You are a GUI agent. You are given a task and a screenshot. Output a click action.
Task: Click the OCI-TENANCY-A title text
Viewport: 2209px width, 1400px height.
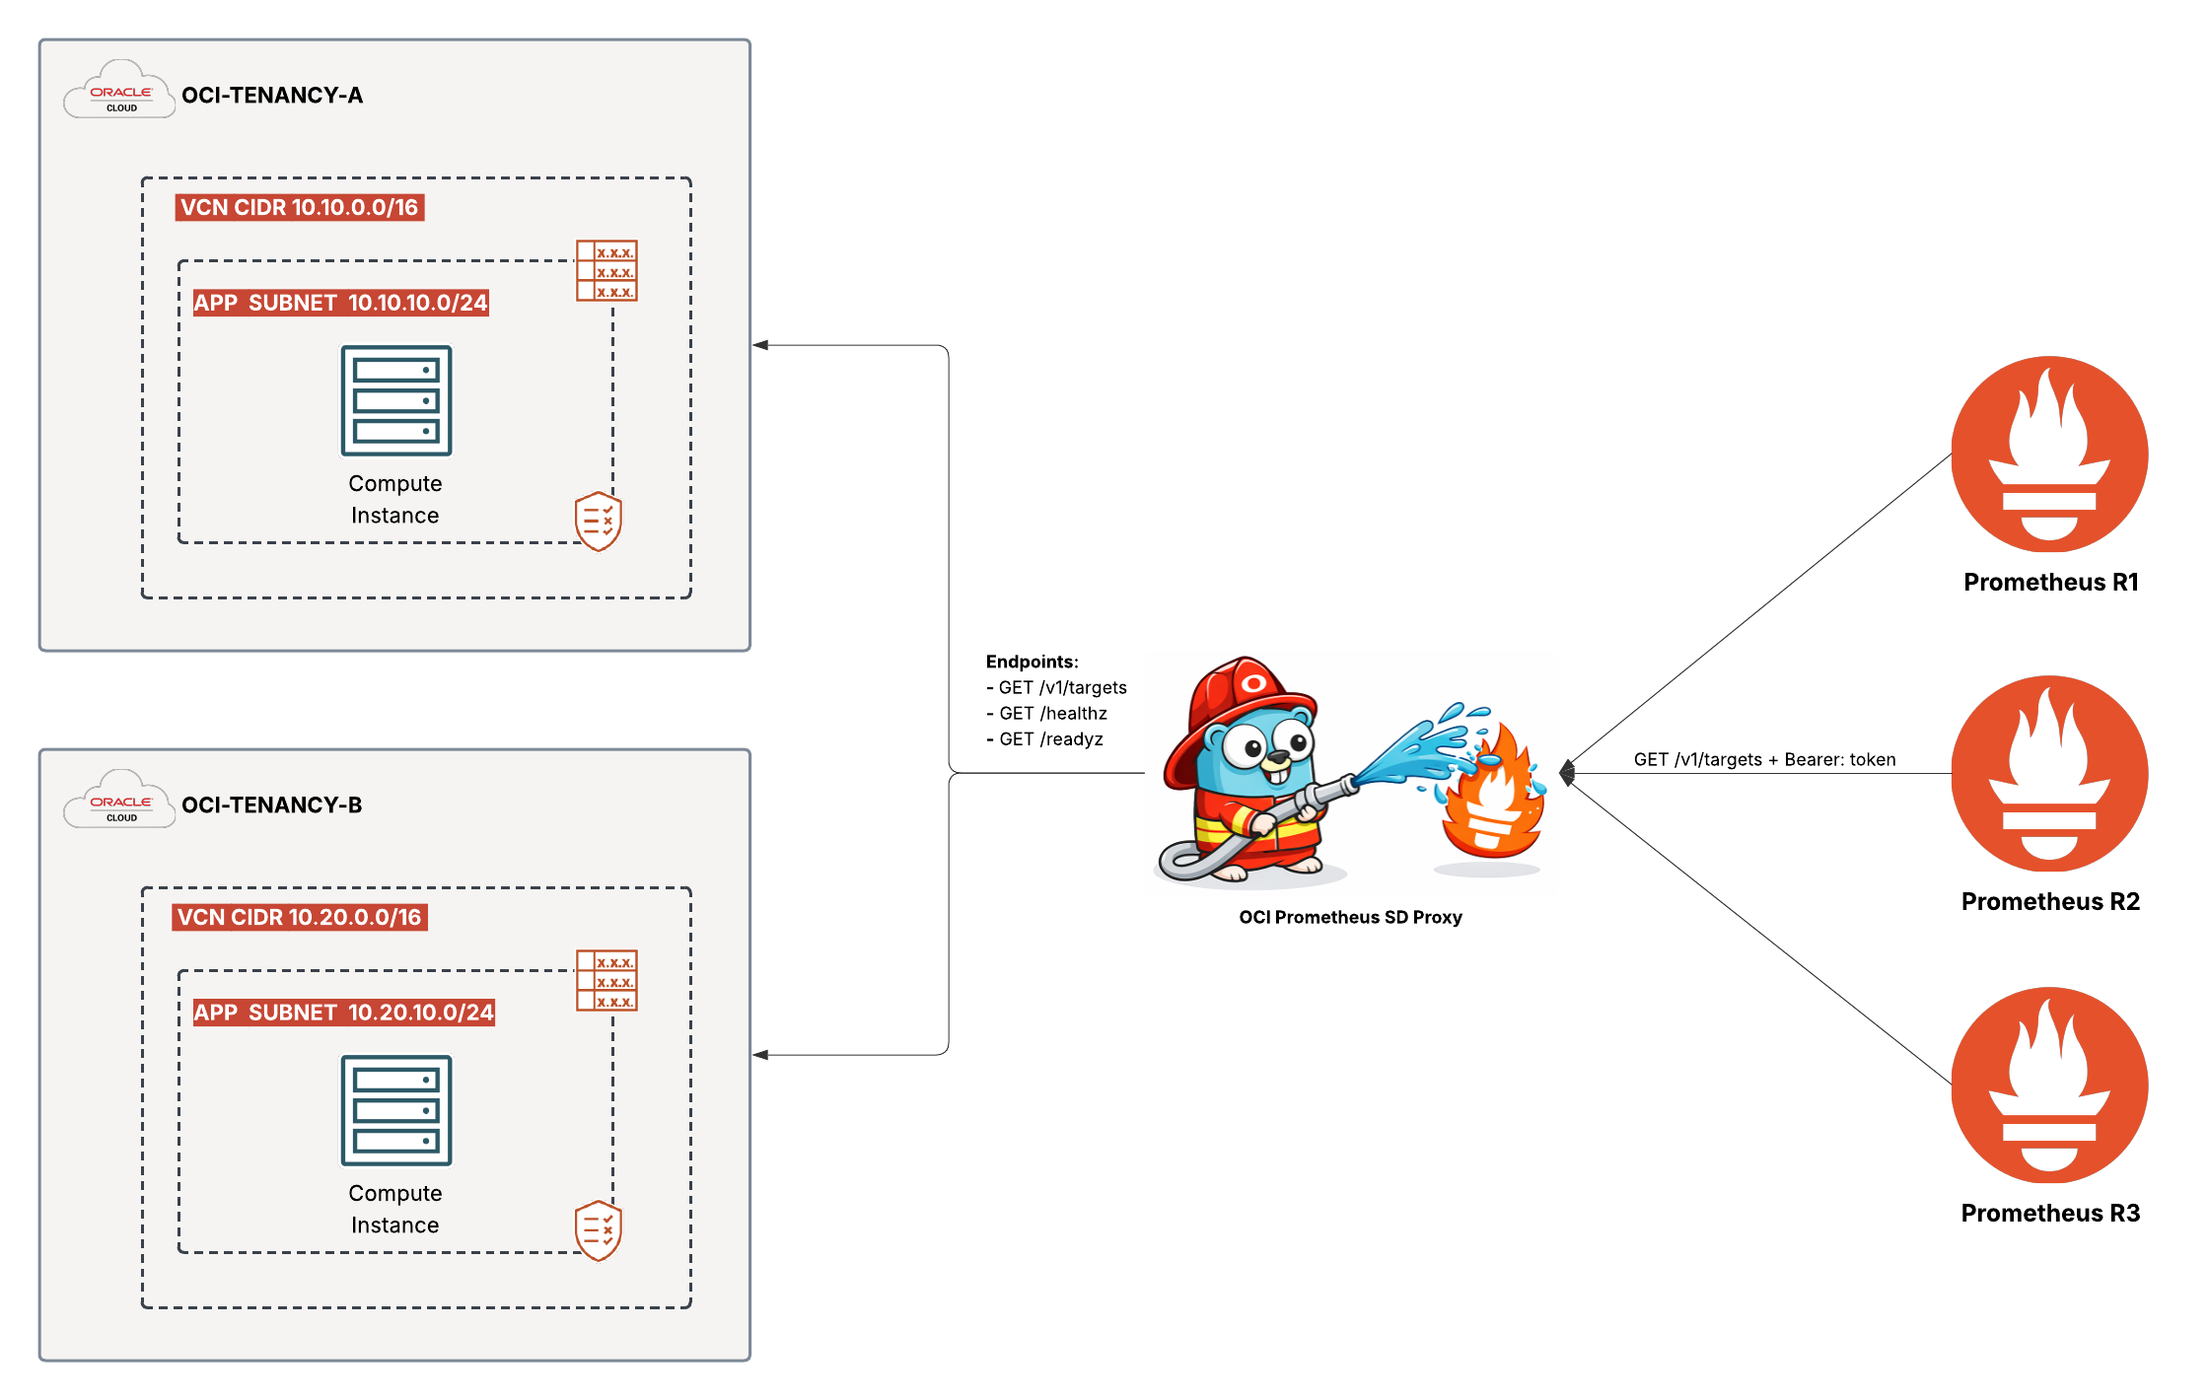(x=272, y=96)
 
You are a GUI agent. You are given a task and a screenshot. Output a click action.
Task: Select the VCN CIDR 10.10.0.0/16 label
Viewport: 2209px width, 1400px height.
(x=300, y=207)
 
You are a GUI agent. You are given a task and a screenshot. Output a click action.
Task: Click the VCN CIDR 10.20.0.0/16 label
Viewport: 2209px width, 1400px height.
(x=300, y=917)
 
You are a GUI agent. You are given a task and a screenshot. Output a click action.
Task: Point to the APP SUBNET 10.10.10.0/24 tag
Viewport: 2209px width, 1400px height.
(x=340, y=303)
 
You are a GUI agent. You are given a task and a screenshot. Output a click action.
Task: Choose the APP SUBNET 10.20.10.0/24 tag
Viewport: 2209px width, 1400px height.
(x=343, y=1013)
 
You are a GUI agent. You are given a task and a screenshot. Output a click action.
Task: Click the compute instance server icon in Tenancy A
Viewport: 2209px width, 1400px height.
(x=395, y=400)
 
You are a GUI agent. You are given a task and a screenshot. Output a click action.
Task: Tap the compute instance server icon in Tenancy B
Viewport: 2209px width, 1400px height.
(x=395, y=1110)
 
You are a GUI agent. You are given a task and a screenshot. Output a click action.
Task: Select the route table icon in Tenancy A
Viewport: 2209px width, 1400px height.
(x=606, y=270)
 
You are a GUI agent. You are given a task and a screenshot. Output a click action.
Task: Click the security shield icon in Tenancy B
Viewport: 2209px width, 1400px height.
(x=599, y=1229)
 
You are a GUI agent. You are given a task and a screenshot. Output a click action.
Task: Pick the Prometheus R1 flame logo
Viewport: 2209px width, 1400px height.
(x=2049, y=455)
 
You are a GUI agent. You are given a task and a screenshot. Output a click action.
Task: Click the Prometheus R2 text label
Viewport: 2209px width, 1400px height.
(x=2050, y=901)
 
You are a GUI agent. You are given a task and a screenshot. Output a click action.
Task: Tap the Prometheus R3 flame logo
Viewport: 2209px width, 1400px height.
(x=2049, y=1085)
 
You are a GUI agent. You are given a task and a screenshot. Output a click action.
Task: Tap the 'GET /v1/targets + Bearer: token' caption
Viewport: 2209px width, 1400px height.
(x=1764, y=759)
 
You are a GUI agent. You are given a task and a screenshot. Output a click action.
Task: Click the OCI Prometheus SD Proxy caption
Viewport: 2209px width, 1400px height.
(x=1350, y=917)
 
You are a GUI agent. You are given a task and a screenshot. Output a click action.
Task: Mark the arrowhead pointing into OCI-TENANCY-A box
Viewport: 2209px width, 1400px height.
(x=760, y=345)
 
